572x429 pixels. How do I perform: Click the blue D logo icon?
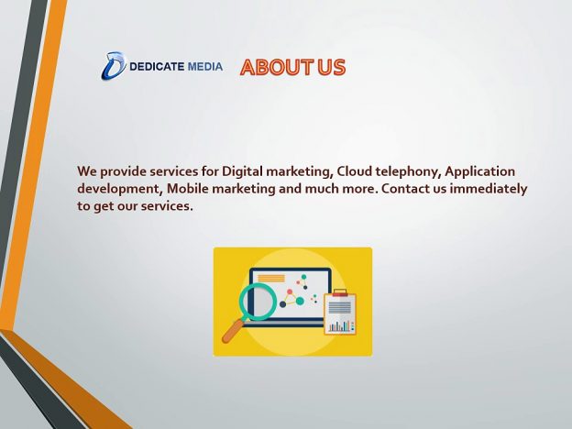(x=114, y=66)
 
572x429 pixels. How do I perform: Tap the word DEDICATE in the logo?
(x=157, y=67)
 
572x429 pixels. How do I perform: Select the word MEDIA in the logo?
(x=205, y=67)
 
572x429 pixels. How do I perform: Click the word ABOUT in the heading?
(x=277, y=68)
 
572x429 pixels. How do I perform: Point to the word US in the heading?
(x=331, y=68)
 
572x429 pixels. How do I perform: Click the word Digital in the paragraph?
(x=242, y=171)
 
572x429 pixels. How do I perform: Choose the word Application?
(x=479, y=171)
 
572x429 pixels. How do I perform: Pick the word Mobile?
(x=188, y=188)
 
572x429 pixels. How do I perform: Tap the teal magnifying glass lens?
(x=258, y=302)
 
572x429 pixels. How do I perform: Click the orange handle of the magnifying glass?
(x=234, y=331)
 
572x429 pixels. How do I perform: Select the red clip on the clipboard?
(x=340, y=292)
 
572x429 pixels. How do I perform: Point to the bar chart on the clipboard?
(x=341, y=325)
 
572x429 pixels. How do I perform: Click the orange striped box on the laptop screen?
(x=271, y=279)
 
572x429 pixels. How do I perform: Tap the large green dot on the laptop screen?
(x=300, y=301)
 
